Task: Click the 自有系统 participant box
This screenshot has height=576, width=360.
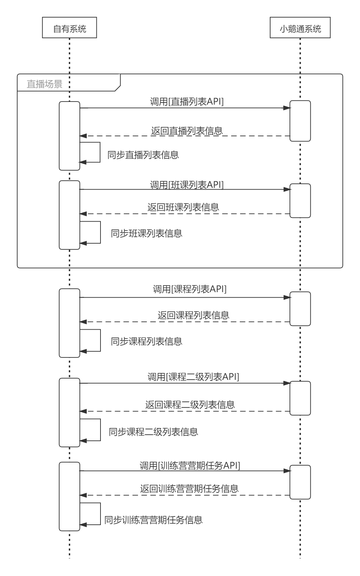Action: (70, 29)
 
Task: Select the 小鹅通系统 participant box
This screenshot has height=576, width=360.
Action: (300, 29)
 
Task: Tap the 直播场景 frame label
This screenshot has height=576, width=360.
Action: (45, 84)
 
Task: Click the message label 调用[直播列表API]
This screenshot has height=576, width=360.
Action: (187, 102)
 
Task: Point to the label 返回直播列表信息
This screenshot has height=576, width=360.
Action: (187, 131)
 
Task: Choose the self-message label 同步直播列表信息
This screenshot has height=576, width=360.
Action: (143, 154)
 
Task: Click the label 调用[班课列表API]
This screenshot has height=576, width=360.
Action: (187, 185)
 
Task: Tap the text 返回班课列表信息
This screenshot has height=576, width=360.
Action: (183, 207)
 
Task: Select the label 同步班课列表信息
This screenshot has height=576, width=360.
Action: (147, 234)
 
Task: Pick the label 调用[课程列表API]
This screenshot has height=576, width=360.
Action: (190, 289)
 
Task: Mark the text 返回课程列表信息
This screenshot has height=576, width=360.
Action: (193, 315)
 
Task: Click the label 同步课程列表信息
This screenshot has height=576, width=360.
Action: (147, 341)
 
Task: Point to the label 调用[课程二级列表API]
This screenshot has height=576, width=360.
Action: (193, 377)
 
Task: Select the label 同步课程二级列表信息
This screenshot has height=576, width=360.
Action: (153, 431)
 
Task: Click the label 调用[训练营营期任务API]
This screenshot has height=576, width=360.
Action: (190, 466)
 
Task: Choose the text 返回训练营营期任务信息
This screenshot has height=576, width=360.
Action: (189, 489)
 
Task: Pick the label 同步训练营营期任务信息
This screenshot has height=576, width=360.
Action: (153, 520)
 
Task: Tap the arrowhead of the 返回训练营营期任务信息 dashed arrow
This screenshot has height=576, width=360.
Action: (83, 495)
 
